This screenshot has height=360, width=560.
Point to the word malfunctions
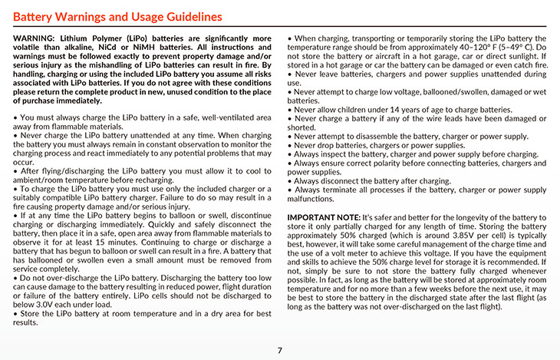click(x=315, y=198)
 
